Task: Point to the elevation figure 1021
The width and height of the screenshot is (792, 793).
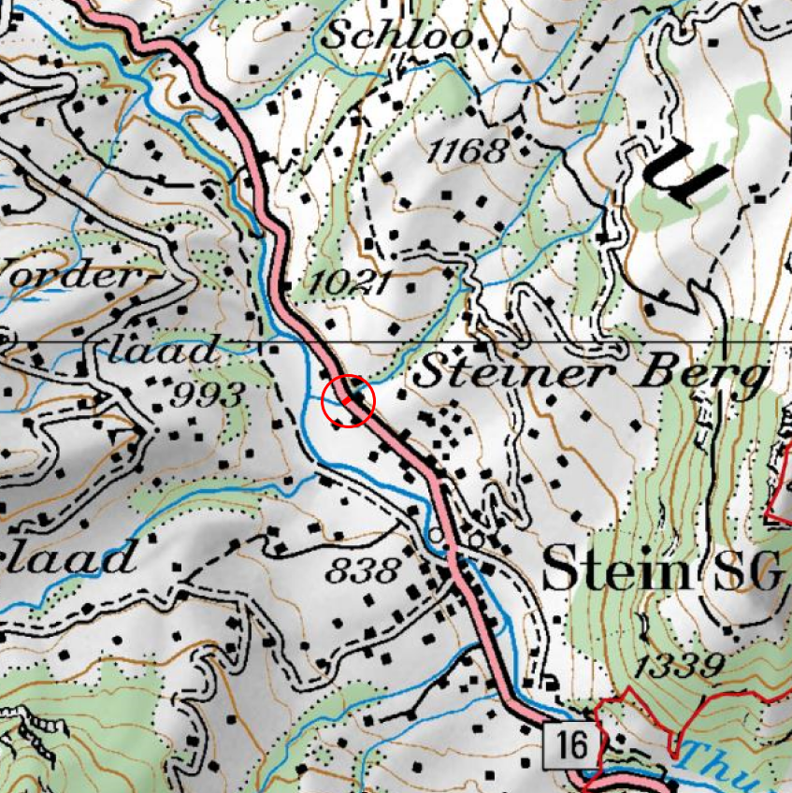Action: [350, 281]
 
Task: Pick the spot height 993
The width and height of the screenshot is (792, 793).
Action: [209, 395]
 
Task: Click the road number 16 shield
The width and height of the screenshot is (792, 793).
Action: [569, 745]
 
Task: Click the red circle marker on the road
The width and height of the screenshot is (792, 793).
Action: [348, 401]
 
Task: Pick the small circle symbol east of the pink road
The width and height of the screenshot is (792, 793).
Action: [476, 540]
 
